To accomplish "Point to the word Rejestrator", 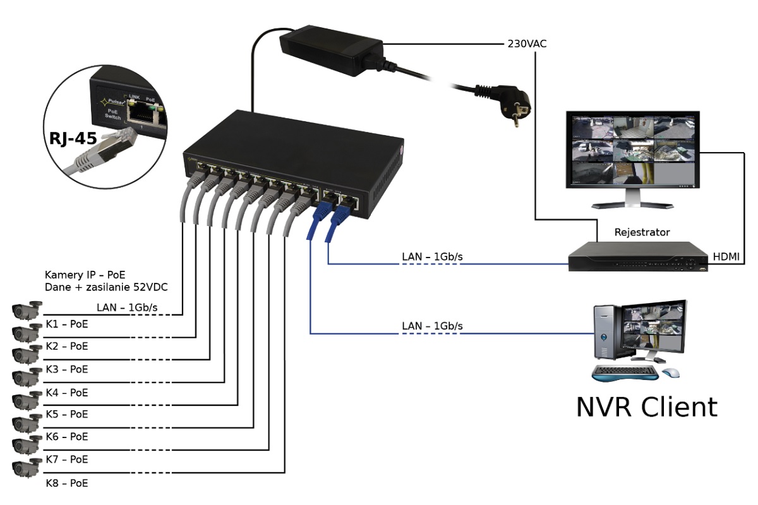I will coord(642,232).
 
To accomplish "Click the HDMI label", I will coord(727,256).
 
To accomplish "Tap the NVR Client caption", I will coord(646,407).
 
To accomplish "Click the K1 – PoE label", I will coord(66,324).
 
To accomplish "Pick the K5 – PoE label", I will coord(66,415).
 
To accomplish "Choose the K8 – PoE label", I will coord(66,484).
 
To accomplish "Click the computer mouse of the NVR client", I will coord(671,373).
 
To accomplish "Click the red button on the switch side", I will coord(401,152).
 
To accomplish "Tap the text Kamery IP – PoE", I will coord(85,275).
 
